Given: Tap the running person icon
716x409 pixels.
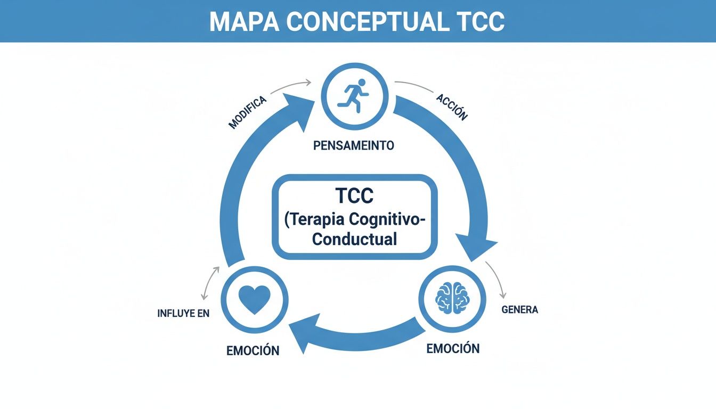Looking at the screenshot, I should (353, 97).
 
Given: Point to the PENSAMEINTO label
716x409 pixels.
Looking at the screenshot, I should (354, 145).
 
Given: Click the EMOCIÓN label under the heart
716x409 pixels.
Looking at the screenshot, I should (253, 351).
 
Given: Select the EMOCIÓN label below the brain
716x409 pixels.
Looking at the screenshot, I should (453, 349).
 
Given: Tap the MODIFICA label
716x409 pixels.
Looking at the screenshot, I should (247, 112).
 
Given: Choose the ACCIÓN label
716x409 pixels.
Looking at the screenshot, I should (451, 107).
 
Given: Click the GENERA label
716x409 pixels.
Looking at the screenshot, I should (520, 310).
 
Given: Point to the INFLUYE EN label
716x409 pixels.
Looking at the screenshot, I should (183, 314).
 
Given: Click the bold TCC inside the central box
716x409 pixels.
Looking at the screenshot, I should (354, 196).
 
